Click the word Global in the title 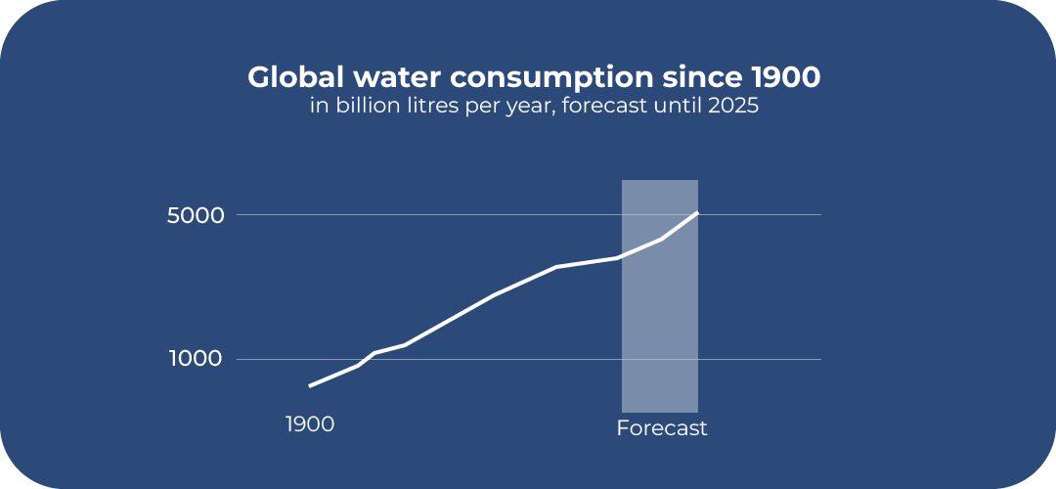pos(289,77)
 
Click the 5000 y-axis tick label pos(196,215)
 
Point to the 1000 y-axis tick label pos(196,359)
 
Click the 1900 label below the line pos(310,424)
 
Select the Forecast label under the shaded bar pos(662,428)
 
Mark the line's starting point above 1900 pos(310,386)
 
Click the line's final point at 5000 pos(697,212)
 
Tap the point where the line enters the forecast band pos(622,257)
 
